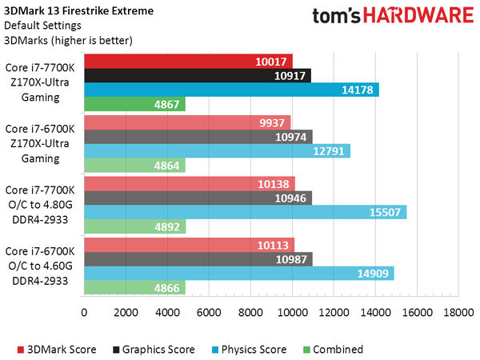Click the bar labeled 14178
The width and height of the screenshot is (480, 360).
point(230,90)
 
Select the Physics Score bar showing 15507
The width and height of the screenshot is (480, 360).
point(244,211)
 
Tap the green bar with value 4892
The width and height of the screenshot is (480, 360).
point(134,226)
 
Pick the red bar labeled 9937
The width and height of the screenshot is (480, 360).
point(186,122)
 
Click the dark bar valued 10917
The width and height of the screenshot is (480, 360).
point(197,75)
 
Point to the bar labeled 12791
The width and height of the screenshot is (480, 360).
point(216,150)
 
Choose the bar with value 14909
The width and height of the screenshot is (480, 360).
point(238,273)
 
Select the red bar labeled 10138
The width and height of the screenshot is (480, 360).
point(188,182)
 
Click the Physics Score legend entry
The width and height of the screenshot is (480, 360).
point(252,349)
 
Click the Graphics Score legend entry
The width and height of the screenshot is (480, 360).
point(154,349)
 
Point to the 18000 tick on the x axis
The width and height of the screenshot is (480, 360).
point(458,312)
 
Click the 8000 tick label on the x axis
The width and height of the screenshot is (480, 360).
point(250,312)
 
